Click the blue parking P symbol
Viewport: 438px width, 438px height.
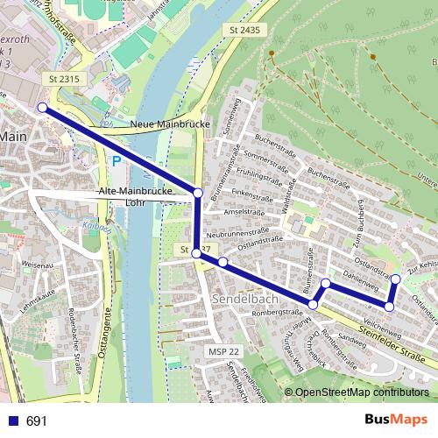(x=116, y=160)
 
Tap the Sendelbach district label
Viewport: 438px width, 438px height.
(x=244, y=299)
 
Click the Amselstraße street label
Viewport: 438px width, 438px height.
(x=244, y=212)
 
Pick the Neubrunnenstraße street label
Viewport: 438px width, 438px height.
(x=236, y=236)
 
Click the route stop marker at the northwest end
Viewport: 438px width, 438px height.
(x=42, y=108)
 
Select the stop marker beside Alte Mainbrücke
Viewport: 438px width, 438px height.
(x=197, y=193)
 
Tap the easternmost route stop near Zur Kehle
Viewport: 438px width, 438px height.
(x=395, y=279)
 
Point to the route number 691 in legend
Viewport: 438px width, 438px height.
(x=37, y=421)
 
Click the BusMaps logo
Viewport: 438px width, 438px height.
(x=395, y=420)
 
